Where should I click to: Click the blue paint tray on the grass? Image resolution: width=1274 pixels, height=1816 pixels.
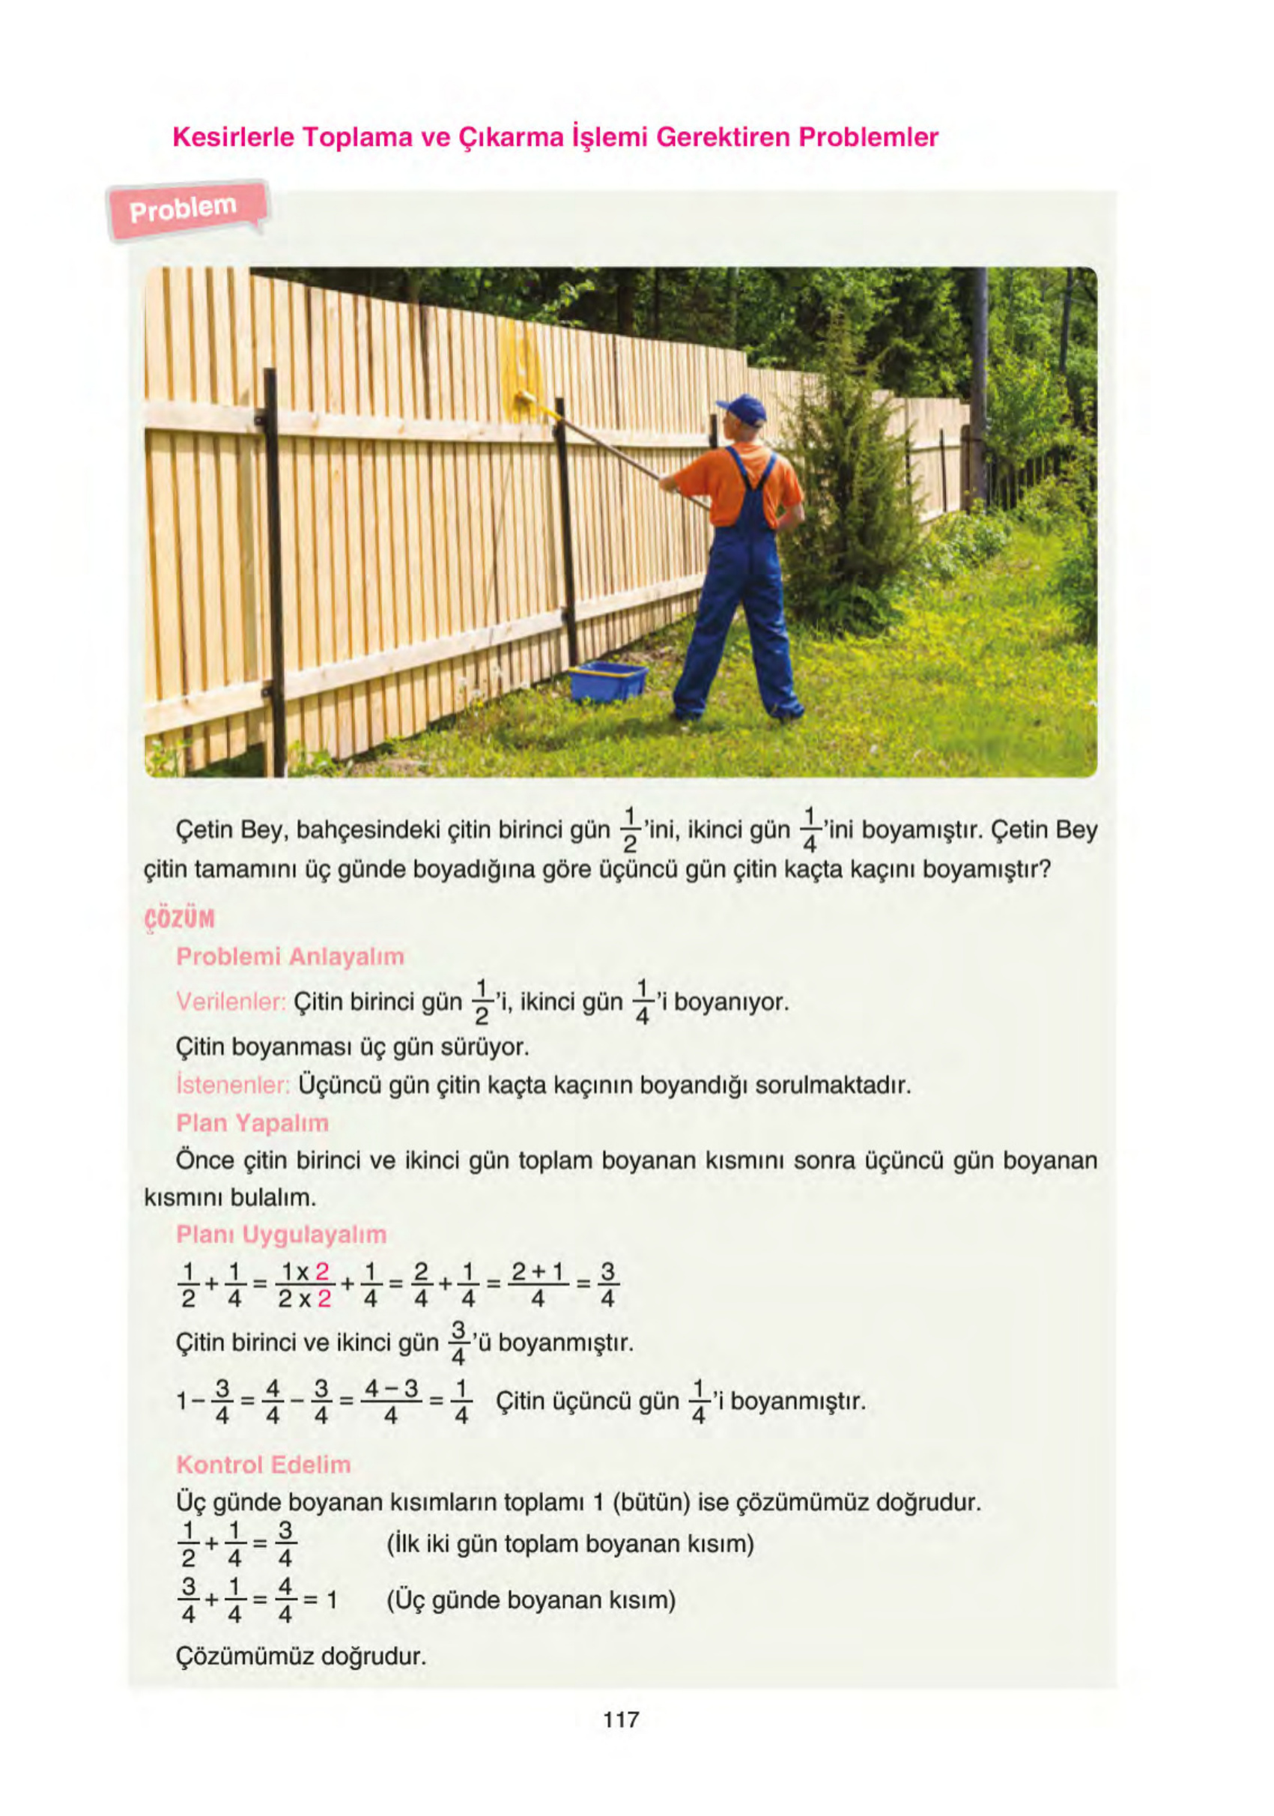pos(607,680)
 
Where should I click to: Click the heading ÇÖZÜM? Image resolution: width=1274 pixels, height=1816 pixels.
pos(180,919)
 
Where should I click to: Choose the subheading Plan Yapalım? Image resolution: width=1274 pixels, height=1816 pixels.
pos(252,1122)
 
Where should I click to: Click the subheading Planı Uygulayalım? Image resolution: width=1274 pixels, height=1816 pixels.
pos(281,1234)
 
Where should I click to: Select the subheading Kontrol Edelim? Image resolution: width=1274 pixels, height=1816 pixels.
pos(263,1464)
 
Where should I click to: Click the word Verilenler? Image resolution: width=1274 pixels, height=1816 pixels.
pos(230,1002)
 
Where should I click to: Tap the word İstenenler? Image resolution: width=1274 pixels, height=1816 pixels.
pos(232,1084)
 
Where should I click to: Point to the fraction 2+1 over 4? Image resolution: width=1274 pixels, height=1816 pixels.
pos(538,1286)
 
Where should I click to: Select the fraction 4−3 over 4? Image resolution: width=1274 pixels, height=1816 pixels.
pos(391,1402)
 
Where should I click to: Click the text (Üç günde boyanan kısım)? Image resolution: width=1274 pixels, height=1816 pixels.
pos(530,1600)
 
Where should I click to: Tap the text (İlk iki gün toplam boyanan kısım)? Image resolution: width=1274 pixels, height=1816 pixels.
pos(569,1543)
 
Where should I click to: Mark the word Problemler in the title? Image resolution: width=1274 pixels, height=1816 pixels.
pos(867,138)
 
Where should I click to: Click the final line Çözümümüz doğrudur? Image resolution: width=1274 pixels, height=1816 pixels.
pos(300,1656)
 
